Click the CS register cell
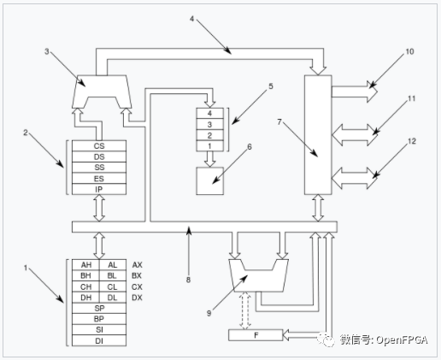[99, 145]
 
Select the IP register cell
[99, 189]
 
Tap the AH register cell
[85, 265]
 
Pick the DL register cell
[113, 298]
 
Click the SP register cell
[99, 309]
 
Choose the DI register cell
[99, 341]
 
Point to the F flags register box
[256, 335]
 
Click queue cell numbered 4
[209, 114]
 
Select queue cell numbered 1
[209, 146]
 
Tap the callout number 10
[409, 51]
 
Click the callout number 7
[279, 122]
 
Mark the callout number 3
[47, 51]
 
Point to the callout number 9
[209, 313]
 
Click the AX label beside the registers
[137, 265]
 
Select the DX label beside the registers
[137, 298]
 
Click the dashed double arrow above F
[245, 310]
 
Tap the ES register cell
[99, 179]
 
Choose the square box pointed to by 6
[209, 181]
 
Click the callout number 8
[188, 280]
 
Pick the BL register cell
[113, 275]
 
